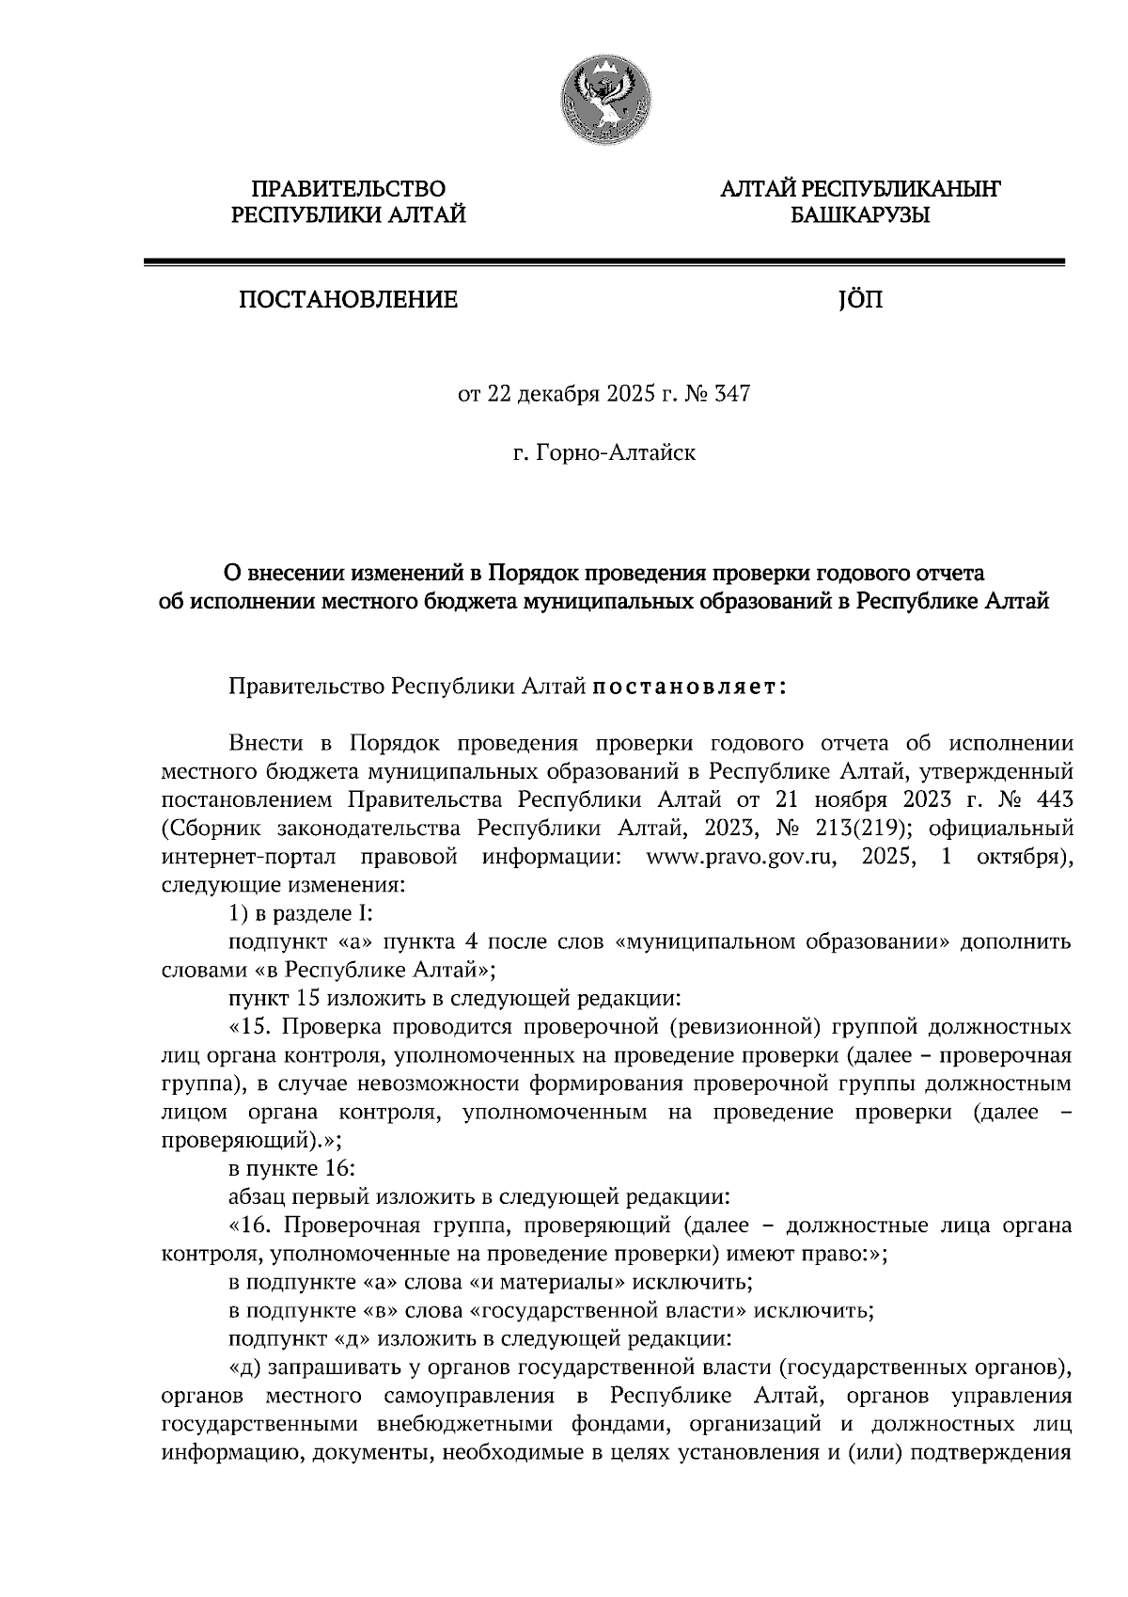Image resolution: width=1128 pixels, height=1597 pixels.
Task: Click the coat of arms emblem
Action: (604, 98)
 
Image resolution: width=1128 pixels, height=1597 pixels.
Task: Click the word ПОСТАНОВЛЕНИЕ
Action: (348, 300)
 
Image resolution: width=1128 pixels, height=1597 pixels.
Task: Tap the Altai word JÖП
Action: (858, 300)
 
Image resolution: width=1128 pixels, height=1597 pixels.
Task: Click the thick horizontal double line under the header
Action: (603, 263)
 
